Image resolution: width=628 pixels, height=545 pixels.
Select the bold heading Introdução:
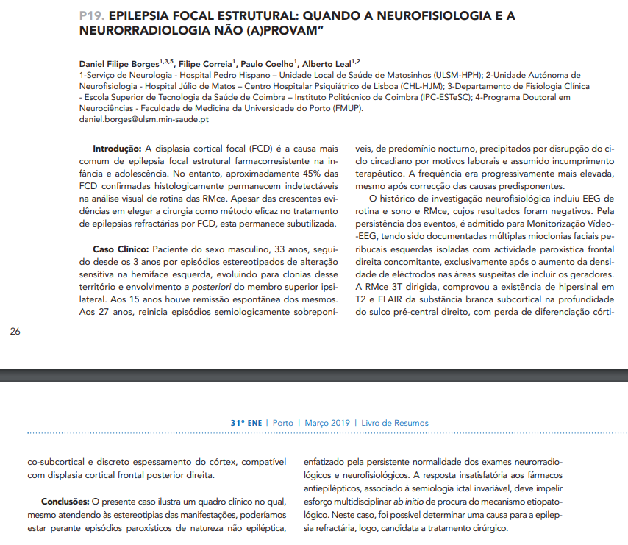117,149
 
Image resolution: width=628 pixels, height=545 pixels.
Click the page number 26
15,332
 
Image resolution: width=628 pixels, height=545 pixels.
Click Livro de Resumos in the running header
393,423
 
